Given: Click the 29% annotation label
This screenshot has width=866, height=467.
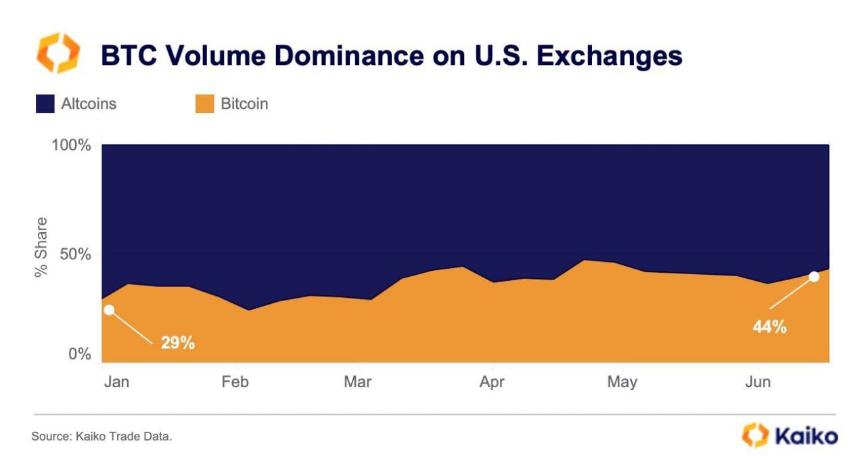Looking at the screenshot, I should point(178,342).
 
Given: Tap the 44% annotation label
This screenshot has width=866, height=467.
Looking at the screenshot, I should point(770,327).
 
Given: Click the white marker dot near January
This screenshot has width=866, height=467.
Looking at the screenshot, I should point(109,310).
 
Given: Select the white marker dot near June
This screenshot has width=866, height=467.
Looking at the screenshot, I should point(814,276).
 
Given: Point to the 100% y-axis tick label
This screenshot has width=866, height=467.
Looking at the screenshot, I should point(71,146).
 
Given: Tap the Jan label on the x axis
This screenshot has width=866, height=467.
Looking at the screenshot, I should point(117,382).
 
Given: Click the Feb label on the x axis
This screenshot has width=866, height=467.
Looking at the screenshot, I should point(235,382).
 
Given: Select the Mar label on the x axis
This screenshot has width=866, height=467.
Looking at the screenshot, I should point(357,382).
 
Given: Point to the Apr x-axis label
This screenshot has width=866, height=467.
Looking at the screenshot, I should point(492,382).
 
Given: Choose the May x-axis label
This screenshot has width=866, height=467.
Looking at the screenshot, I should point(622,382).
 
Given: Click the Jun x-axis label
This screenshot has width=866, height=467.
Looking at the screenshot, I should point(758,382).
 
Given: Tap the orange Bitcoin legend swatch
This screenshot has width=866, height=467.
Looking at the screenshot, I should point(204,104).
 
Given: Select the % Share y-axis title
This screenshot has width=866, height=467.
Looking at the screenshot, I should point(42,246).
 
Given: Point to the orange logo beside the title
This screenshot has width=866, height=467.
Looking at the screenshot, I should point(58,53).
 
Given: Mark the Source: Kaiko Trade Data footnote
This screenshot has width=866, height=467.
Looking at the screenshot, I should point(101,437).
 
